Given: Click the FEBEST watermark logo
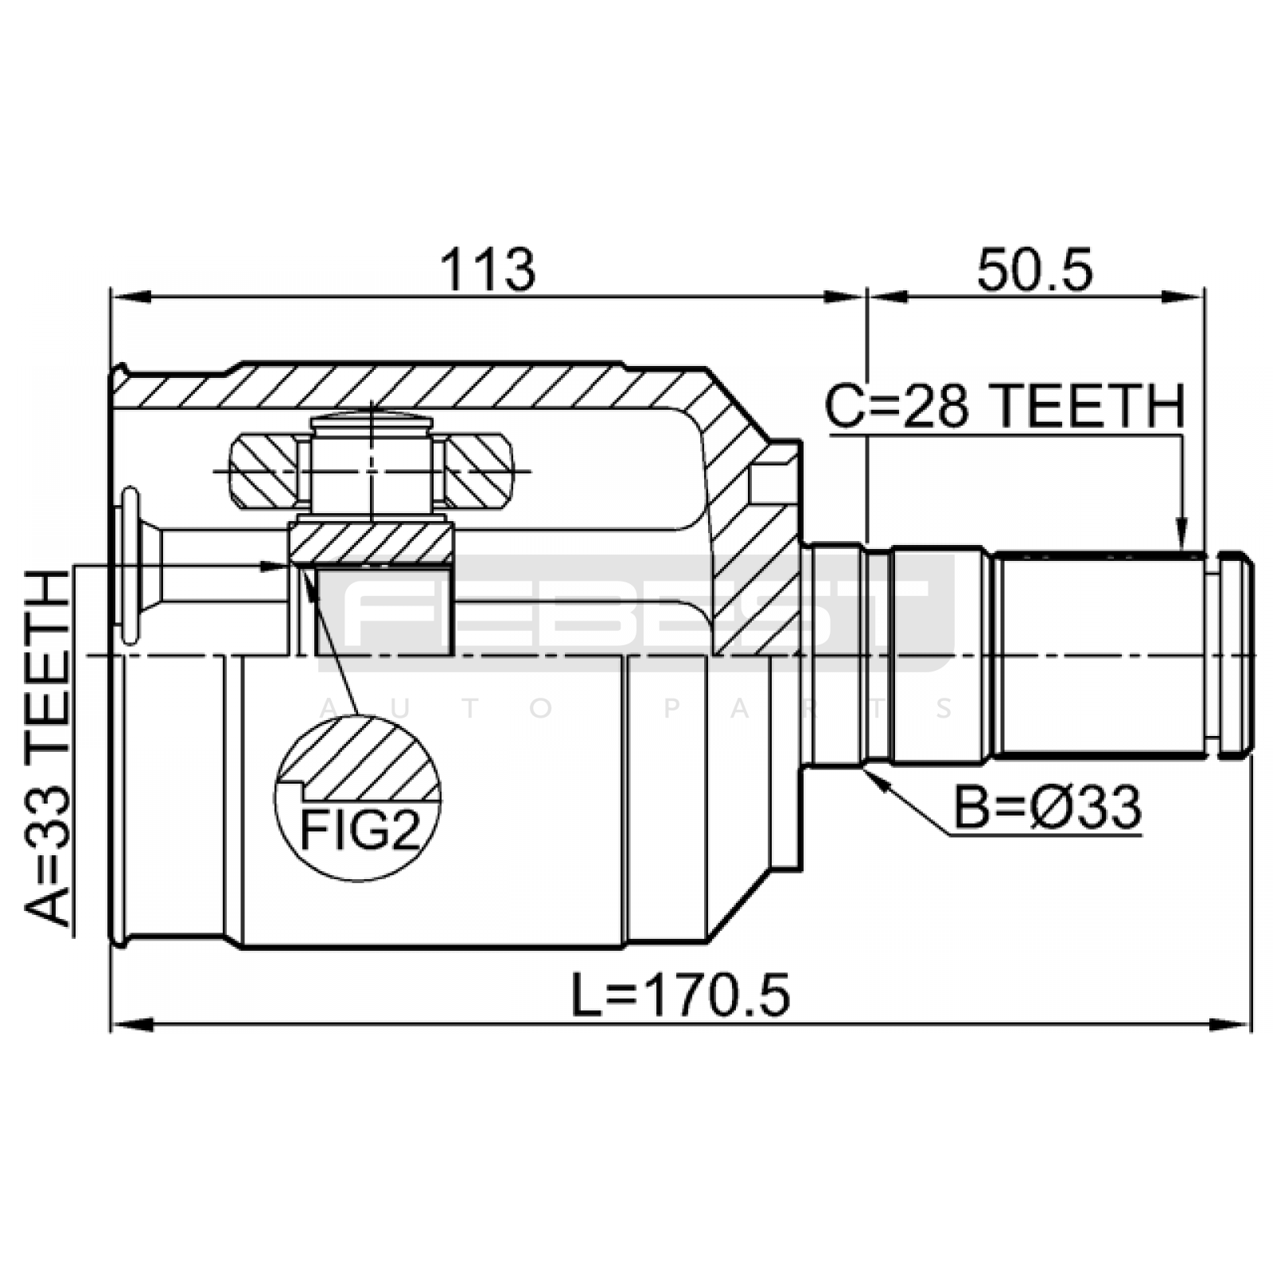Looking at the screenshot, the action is (x=636, y=613).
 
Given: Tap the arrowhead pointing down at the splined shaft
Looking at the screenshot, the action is (x=1182, y=537).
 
